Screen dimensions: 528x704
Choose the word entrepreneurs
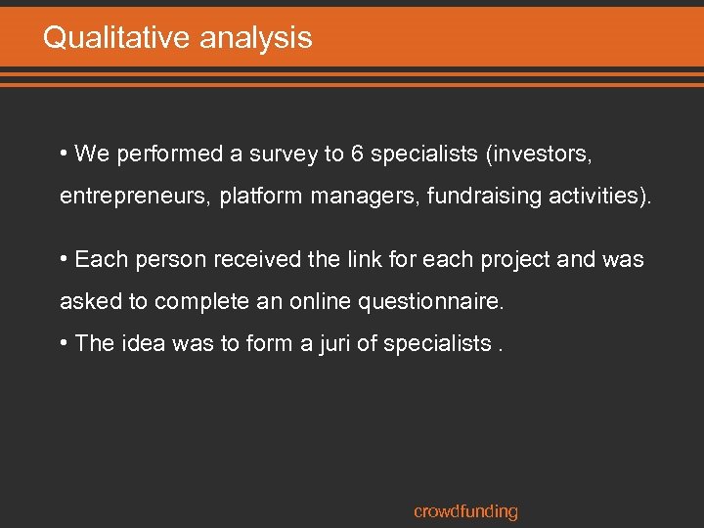(x=133, y=197)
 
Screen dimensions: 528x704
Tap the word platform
(x=261, y=197)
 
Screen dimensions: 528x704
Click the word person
(x=174, y=259)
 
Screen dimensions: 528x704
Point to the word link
(x=358, y=259)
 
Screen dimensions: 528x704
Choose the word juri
(x=294, y=343)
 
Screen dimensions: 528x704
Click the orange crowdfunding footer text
(x=465, y=511)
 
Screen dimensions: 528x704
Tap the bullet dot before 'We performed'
(x=64, y=154)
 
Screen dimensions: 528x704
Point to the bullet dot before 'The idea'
(x=64, y=343)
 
